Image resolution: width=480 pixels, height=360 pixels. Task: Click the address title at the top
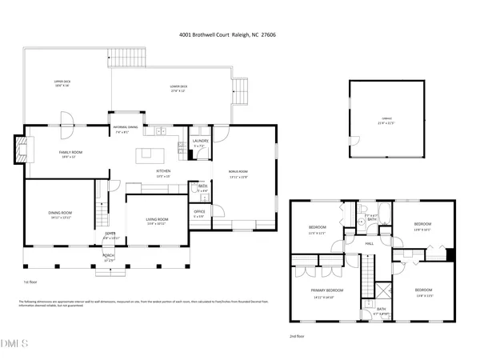pyautogui.click(x=239, y=34)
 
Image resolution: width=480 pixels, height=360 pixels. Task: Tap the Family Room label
pyautogui.click(x=70, y=152)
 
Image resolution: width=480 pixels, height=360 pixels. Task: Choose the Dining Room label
pyautogui.click(x=60, y=213)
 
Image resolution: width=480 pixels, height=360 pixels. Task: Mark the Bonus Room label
pyautogui.click(x=239, y=172)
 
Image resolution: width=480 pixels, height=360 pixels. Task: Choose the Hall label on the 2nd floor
pyautogui.click(x=370, y=243)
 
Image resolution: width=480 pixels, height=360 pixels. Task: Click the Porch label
pyautogui.click(x=107, y=257)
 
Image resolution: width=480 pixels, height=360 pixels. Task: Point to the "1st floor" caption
pyautogui.click(x=30, y=282)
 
